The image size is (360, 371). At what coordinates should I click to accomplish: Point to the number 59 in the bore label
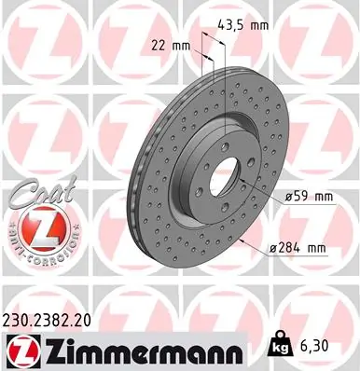[298, 197]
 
